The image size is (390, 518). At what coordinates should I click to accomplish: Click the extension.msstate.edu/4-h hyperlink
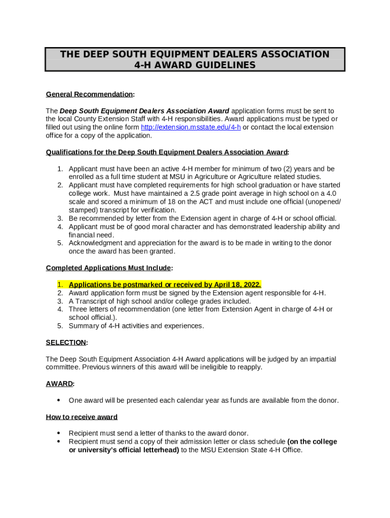pos(190,127)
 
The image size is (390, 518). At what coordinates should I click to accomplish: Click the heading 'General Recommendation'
pos(89,95)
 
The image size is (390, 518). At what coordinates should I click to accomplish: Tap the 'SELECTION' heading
pos(66,342)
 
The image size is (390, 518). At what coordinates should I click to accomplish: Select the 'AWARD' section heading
pos(59,384)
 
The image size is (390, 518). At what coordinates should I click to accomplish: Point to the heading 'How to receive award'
pos(82,417)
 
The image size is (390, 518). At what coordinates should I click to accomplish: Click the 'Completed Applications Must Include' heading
pos(108,268)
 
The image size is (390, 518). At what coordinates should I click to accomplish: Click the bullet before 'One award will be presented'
pos(59,401)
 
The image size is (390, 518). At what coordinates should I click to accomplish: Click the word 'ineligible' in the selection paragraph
pos(206,367)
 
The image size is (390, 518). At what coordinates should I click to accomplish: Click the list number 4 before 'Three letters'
pos(60,309)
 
